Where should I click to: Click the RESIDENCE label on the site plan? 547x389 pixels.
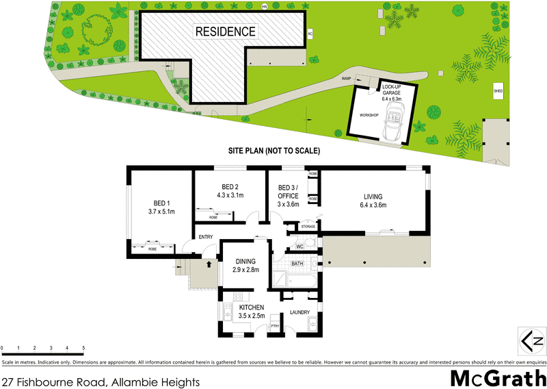point(226,32)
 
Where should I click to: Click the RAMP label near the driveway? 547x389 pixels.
point(347,80)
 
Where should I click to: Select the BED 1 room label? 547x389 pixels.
point(161,203)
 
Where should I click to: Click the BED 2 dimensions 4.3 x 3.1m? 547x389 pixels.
point(230,195)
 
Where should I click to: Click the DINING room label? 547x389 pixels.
point(246,261)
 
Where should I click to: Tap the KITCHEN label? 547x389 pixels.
point(250,308)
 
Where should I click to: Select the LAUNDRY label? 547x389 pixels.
point(299,312)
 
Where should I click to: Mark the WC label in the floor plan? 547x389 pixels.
point(299,246)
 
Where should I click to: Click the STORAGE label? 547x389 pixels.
point(308,227)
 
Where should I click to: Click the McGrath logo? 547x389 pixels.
point(497,377)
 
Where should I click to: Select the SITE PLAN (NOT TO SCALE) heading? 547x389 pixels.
point(273,151)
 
